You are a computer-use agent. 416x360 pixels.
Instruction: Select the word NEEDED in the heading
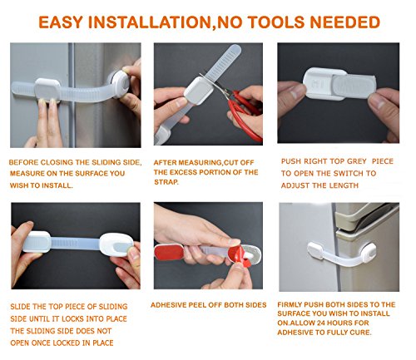pos(345,22)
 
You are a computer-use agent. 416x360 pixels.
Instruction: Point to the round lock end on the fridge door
pos(120,84)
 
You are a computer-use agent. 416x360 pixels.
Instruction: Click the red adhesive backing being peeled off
pos(240,257)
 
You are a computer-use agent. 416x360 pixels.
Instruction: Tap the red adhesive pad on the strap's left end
pos(169,253)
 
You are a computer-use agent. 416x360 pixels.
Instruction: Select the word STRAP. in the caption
pos(166,182)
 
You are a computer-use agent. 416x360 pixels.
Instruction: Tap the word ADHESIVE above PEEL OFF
pos(169,305)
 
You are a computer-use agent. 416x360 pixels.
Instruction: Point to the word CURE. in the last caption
pos(360,333)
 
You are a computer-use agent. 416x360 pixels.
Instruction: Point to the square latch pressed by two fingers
pos(47,89)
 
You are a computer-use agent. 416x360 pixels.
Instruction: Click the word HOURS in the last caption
pos(341,323)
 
